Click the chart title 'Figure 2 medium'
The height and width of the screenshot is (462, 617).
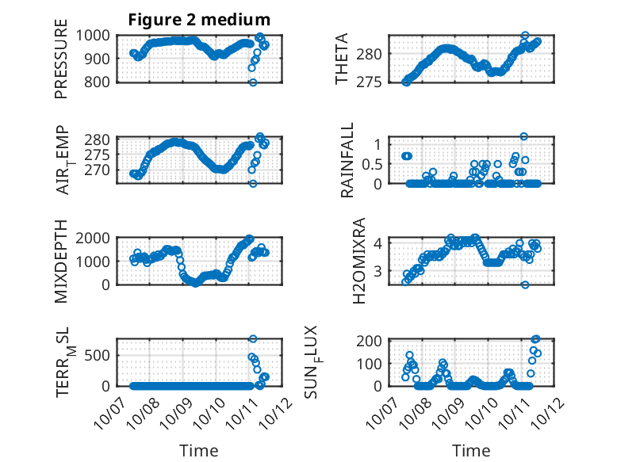tap(199, 20)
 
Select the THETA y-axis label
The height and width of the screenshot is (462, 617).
tap(342, 59)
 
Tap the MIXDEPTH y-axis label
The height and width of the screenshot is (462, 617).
tap(61, 262)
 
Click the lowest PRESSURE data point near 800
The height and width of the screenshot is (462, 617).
tap(253, 82)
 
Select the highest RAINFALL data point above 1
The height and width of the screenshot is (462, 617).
tap(523, 136)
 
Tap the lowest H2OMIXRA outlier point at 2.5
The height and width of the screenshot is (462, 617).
tap(524, 284)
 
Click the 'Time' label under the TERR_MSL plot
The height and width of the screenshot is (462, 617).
tap(199, 450)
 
